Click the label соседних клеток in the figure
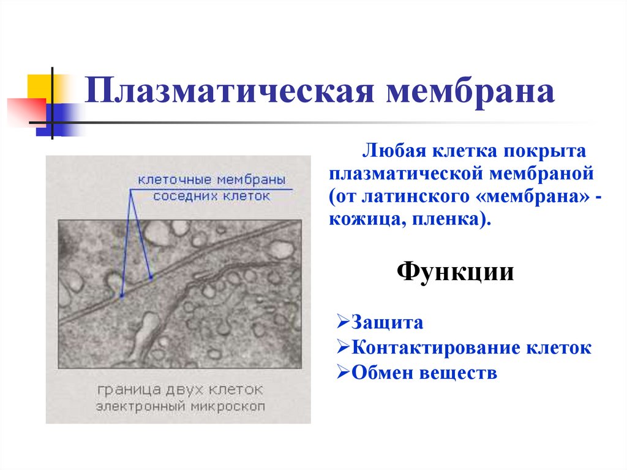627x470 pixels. [x=211, y=196]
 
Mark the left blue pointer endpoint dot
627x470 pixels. [x=122, y=296]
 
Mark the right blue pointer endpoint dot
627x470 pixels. [x=151, y=278]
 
